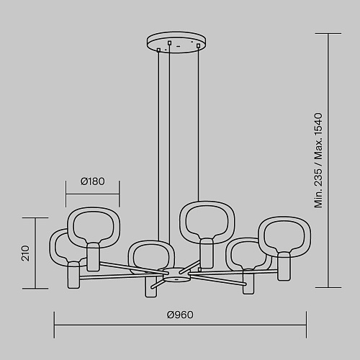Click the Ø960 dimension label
[180, 315]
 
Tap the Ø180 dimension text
[93, 181]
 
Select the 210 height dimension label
[25, 253]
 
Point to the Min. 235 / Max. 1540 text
[318, 161]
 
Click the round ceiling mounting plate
[176, 42]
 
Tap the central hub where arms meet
[176, 275]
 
